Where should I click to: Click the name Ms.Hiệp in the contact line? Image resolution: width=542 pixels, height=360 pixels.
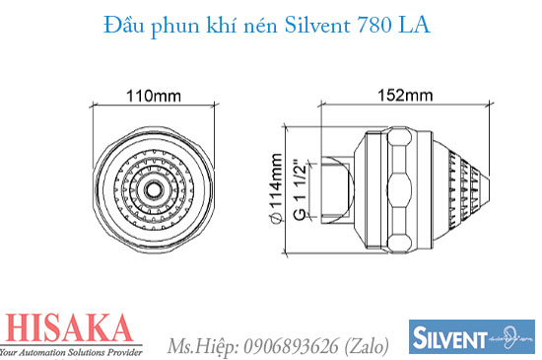[200, 345]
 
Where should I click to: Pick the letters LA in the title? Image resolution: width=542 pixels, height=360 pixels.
[414, 27]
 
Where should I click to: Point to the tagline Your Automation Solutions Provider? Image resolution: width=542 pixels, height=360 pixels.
[71, 351]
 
